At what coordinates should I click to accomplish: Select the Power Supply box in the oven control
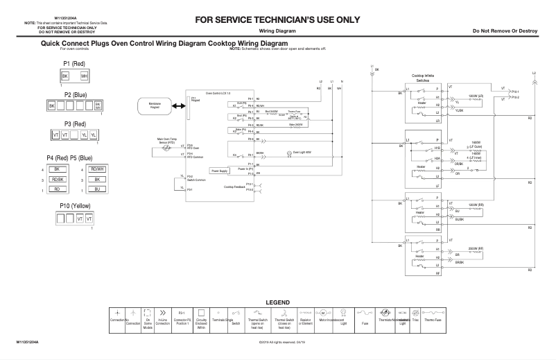[220, 170]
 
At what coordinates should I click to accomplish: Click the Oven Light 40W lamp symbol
[290, 153]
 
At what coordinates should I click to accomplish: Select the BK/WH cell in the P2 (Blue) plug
[97, 105]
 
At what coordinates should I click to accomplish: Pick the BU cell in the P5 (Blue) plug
[97, 189]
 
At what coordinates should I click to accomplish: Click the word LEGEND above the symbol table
[277, 302]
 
